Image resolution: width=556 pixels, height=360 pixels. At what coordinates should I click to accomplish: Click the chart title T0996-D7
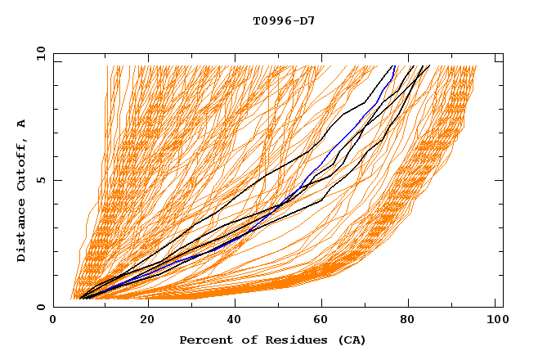tap(284, 20)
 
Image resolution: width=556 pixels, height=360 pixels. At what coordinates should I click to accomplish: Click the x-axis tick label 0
tap(53, 320)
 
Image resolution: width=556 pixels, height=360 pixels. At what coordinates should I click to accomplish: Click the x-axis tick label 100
tap(495, 320)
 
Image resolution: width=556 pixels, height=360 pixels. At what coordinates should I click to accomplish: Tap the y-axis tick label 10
tap(39, 53)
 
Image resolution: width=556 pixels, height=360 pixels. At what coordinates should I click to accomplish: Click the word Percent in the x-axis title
tap(202, 340)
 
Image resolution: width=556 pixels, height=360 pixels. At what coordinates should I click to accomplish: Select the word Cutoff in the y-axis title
tap(21, 167)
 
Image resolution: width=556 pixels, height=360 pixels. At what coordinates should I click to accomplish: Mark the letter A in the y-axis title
tap(21, 124)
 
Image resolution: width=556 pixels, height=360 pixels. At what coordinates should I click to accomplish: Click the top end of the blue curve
tap(394, 66)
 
